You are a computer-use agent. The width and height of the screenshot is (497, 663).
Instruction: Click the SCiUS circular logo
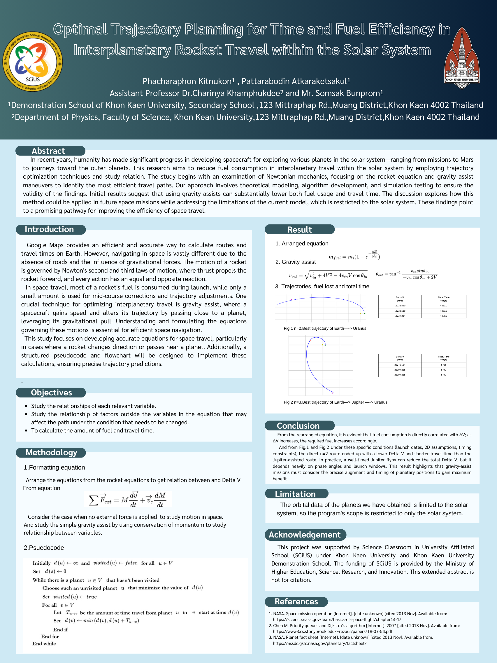tap(33, 62)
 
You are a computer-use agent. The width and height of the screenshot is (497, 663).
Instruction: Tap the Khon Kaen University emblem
tap(461, 58)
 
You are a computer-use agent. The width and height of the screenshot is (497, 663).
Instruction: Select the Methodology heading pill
tap(51, 452)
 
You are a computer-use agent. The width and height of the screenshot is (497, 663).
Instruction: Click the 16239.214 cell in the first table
tap(399, 316)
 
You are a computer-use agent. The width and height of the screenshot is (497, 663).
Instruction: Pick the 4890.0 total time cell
tap(443, 316)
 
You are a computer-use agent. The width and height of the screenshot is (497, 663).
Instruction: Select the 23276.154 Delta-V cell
tap(399, 365)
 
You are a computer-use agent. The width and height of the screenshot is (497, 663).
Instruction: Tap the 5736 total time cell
tap(443, 365)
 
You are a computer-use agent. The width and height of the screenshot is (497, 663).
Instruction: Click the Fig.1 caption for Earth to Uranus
tap(325, 328)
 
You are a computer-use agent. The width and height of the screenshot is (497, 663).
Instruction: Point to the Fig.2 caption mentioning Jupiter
tap(335, 402)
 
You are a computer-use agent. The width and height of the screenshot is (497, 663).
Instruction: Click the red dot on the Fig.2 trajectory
tap(310, 340)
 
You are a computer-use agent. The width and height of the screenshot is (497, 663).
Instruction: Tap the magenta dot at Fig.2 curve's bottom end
tap(332, 393)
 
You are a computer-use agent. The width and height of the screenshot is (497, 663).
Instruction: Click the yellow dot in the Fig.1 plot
tap(361, 313)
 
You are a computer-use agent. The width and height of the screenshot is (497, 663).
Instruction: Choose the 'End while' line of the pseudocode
tap(44, 643)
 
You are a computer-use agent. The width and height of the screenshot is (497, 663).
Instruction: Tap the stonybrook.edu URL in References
tap(332, 631)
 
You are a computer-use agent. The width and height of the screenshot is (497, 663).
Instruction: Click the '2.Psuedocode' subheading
tap(44, 548)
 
